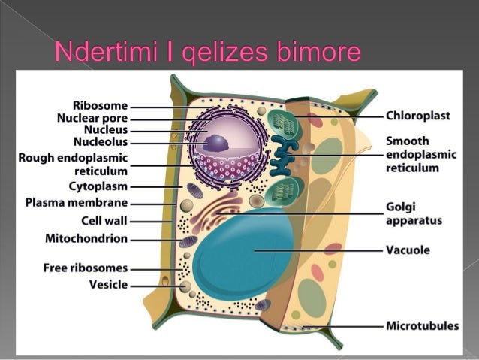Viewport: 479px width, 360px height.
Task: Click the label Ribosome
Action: click(x=101, y=106)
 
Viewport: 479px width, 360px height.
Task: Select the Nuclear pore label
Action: click(x=92, y=118)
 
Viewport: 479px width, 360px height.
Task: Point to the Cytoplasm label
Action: click(x=98, y=186)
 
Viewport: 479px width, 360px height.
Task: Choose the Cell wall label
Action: click(x=104, y=221)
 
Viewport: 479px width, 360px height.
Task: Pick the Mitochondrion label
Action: click(x=83, y=239)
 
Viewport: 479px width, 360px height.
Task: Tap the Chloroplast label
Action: click(x=418, y=116)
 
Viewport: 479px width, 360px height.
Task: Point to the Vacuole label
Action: click(x=408, y=250)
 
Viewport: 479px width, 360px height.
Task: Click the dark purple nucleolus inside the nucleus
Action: click(x=218, y=142)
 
